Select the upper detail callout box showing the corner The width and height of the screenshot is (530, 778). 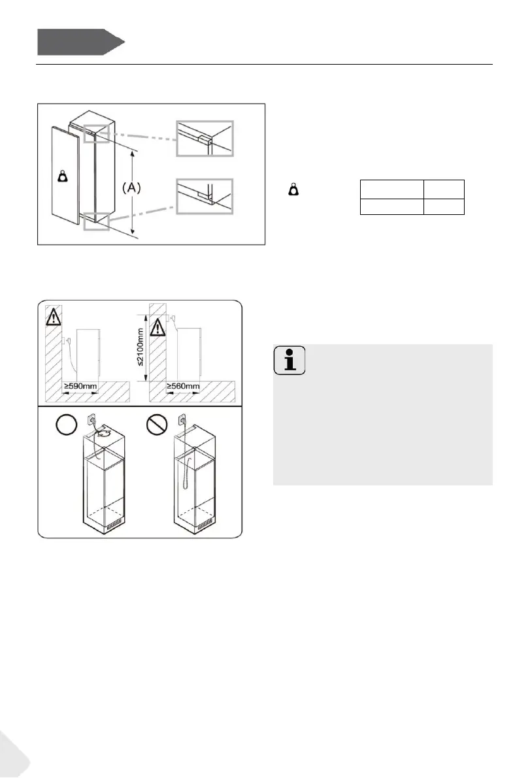click(x=205, y=137)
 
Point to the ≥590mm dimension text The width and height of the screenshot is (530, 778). click(x=80, y=387)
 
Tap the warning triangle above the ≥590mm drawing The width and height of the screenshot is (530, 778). click(x=52, y=317)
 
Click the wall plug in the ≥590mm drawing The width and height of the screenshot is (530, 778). click(x=67, y=340)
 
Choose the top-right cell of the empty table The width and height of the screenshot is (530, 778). click(x=443, y=189)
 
